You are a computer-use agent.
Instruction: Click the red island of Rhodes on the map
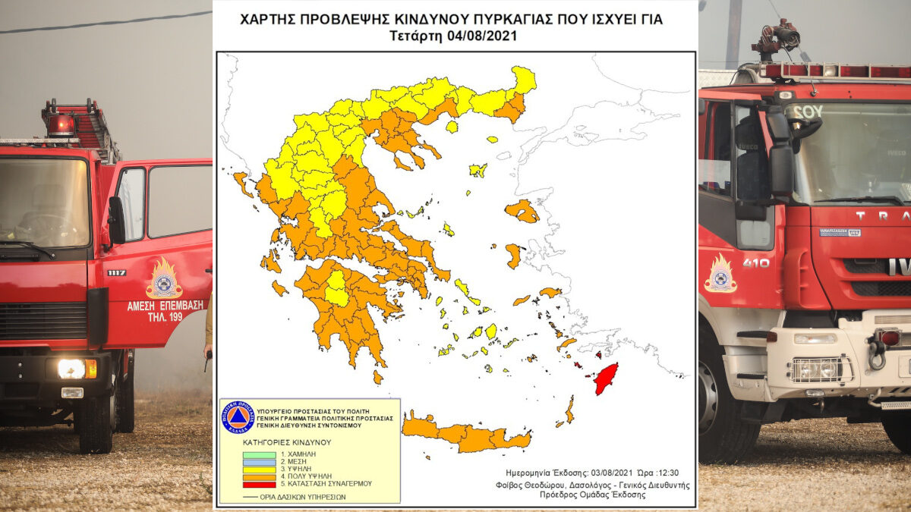(x=605, y=378)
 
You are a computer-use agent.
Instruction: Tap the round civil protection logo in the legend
(x=237, y=417)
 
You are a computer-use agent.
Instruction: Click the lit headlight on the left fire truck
(x=72, y=369)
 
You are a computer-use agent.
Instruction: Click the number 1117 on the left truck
(x=116, y=272)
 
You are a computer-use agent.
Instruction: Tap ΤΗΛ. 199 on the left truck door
(x=165, y=317)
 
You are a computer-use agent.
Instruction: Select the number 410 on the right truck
(x=755, y=262)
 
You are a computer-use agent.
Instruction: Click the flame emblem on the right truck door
(x=720, y=274)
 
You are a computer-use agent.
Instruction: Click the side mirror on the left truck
(x=116, y=221)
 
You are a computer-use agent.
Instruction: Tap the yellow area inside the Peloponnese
(x=336, y=289)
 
